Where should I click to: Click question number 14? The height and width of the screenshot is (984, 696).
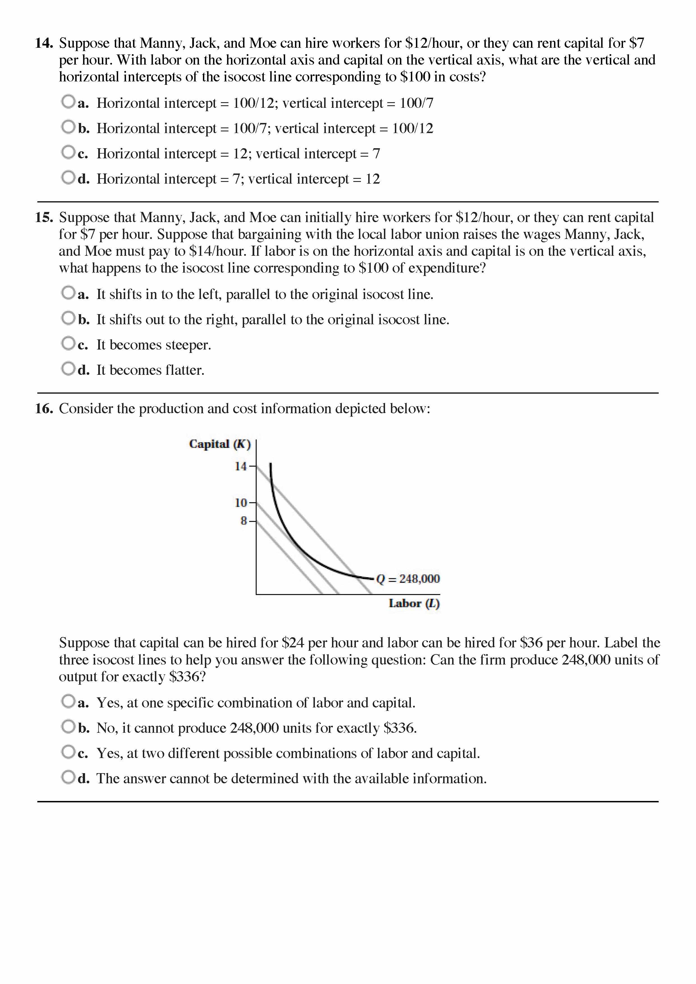click(44, 43)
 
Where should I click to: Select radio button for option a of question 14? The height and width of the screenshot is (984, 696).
click(68, 102)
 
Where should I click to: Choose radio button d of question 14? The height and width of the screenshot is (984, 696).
click(68, 177)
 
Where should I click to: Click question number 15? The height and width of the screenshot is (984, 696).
click(44, 217)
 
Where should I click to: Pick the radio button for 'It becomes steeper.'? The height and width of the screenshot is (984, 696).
click(68, 343)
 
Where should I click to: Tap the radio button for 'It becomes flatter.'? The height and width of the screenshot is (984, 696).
click(68, 368)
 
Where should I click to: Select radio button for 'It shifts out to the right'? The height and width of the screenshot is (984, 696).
click(68, 318)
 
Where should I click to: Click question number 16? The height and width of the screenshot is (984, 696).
click(44, 408)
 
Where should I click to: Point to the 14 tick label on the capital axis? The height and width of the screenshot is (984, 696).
click(241, 466)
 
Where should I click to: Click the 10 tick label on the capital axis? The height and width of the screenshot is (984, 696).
click(241, 503)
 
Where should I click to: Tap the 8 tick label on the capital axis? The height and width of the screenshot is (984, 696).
click(243, 521)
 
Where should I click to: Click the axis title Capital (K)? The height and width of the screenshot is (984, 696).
click(219, 444)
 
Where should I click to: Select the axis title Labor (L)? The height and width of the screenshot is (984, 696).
click(414, 604)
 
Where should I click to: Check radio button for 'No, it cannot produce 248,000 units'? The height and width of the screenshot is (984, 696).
click(68, 726)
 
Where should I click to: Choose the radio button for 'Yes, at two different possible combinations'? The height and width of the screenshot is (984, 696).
click(68, 752)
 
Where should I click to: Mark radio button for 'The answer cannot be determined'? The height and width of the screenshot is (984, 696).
click(68, 777)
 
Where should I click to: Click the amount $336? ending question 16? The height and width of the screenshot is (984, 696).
click(187, 677)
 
